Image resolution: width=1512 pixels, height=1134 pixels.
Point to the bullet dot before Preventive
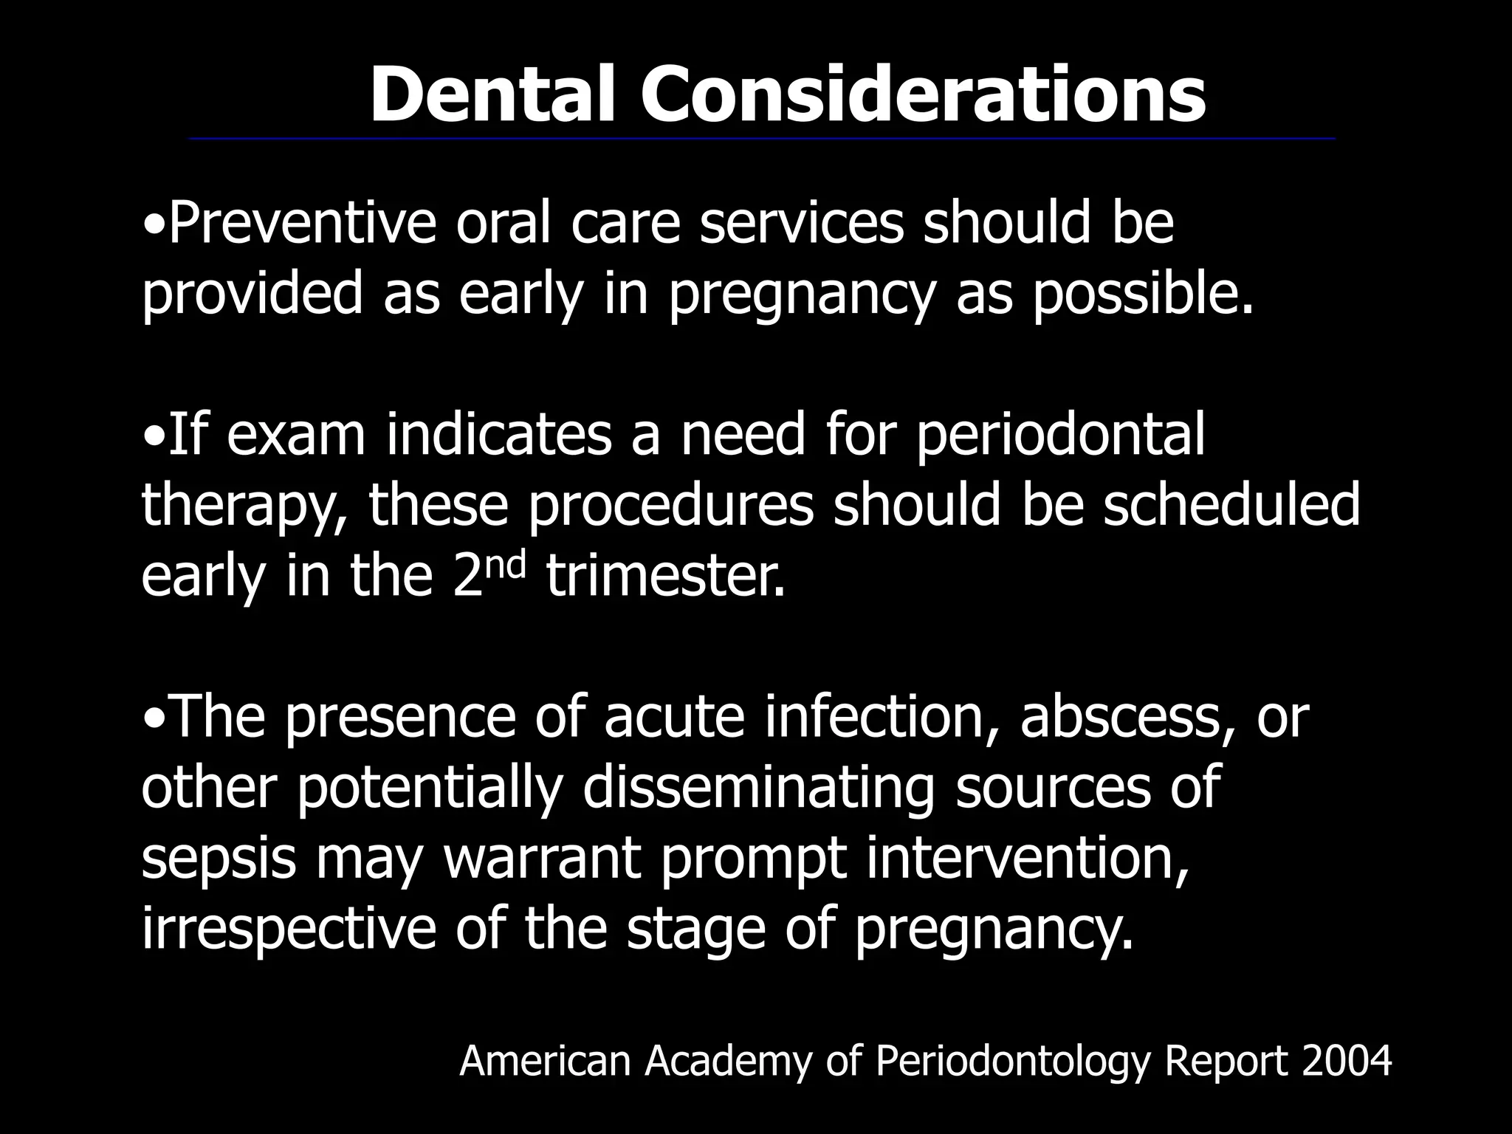[153, 224]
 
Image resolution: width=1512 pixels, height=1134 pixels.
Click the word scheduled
[1231, 506]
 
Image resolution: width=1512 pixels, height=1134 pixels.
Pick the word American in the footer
[545, 1062]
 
